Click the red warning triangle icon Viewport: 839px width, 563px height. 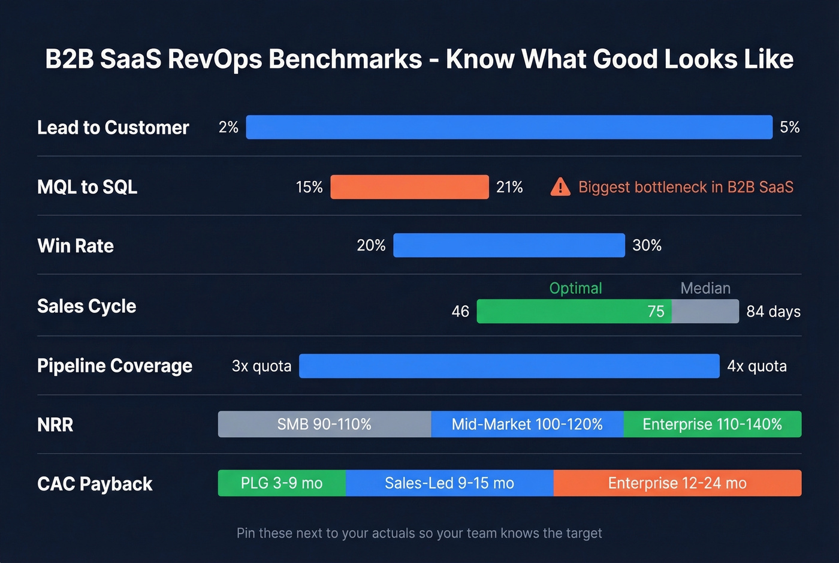(x=560, y=187)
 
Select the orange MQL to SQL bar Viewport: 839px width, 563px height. (x=409, y=187)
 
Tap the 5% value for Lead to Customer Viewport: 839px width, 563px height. (x=789, y=127)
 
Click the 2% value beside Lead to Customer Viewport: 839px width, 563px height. (x=228, y=127)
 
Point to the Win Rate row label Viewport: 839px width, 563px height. (x=76, y=246)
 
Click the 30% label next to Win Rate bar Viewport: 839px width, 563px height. (x=647, y=245)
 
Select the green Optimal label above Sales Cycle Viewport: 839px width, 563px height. (x=575, y=288)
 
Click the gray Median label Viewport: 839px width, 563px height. (x=705, y=288)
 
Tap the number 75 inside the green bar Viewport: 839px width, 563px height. (x=656, y=311)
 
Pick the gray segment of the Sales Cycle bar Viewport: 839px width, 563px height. (x=705, y=311)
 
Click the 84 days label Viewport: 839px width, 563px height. (x=773, y=312)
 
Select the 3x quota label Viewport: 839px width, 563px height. (x=261, y=366)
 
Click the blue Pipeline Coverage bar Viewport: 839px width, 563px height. (x=509, y=366)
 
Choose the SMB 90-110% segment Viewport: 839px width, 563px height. (x=324, y=424)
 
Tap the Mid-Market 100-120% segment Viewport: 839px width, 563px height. (x=527, y=424)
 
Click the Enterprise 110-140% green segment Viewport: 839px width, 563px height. (x=712, y=424)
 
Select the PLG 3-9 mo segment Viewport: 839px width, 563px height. (x=282, y=483)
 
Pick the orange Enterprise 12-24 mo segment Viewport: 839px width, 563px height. (x=677, y=483)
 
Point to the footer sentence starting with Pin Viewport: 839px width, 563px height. (x=419, y=533)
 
